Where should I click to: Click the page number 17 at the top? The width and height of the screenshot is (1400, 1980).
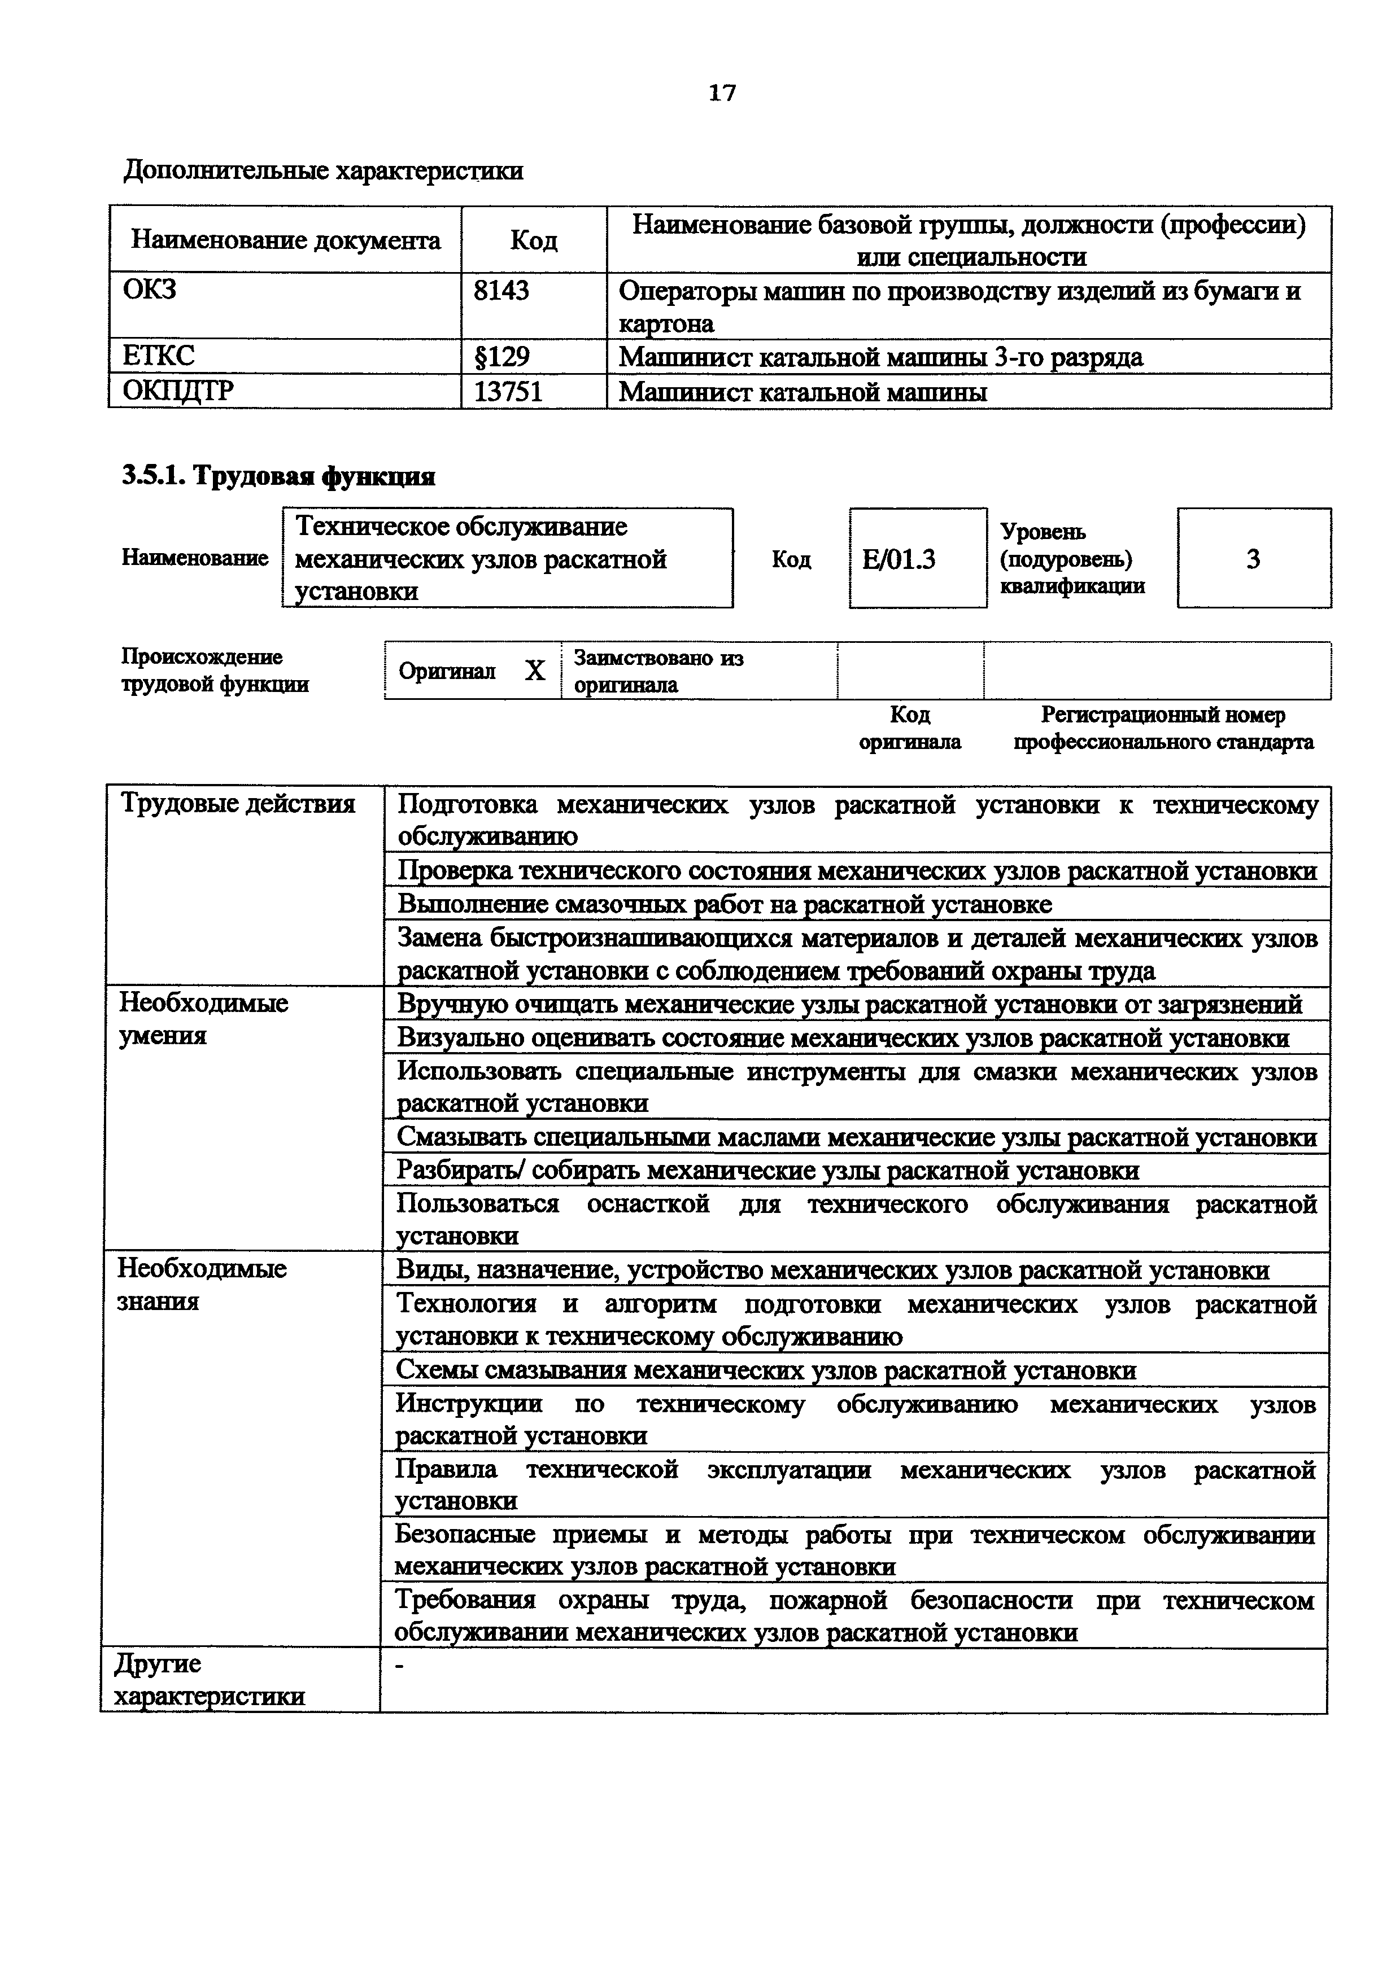722,93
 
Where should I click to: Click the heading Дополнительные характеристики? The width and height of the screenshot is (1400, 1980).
324,171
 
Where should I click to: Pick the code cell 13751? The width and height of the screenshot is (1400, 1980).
508,392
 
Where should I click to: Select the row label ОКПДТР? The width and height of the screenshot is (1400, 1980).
178,392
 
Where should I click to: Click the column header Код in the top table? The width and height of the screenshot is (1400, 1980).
533,240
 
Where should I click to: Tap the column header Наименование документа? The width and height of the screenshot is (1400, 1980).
286,240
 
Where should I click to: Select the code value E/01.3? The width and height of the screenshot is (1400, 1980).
899,560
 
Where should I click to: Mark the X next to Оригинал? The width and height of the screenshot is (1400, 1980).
535,671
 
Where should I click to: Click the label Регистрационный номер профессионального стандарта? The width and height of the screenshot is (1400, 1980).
1163,729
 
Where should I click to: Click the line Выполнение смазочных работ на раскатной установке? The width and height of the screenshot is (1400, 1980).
725,905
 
